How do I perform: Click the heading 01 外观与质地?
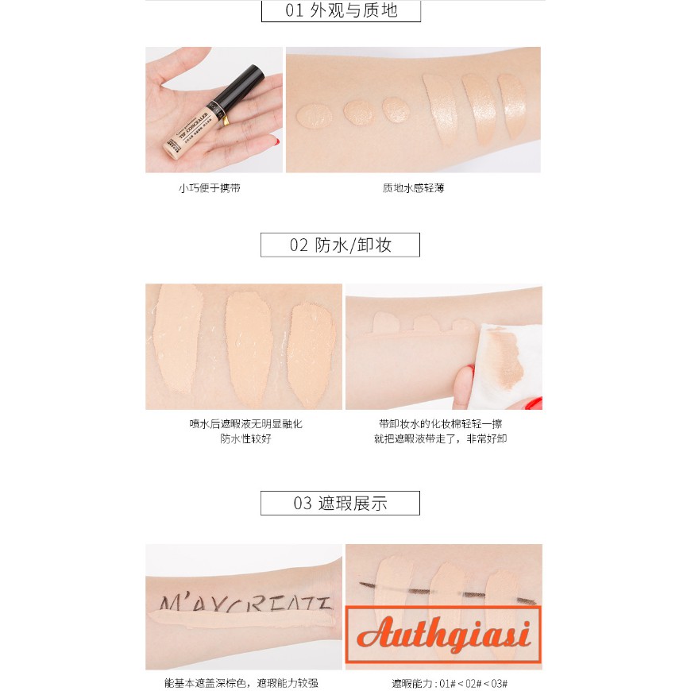[x=341, y=11]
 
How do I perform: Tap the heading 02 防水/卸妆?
[x=341, y=245]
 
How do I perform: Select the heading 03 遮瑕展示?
[x=341, y=503]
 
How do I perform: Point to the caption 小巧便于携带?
[x=210, y=188]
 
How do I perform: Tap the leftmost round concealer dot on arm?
[x=311, y=116]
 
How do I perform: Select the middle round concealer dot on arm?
[x=357, y=112]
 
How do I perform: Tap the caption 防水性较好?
[x=245, y=438]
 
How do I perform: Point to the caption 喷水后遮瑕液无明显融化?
[x=245, y=424]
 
